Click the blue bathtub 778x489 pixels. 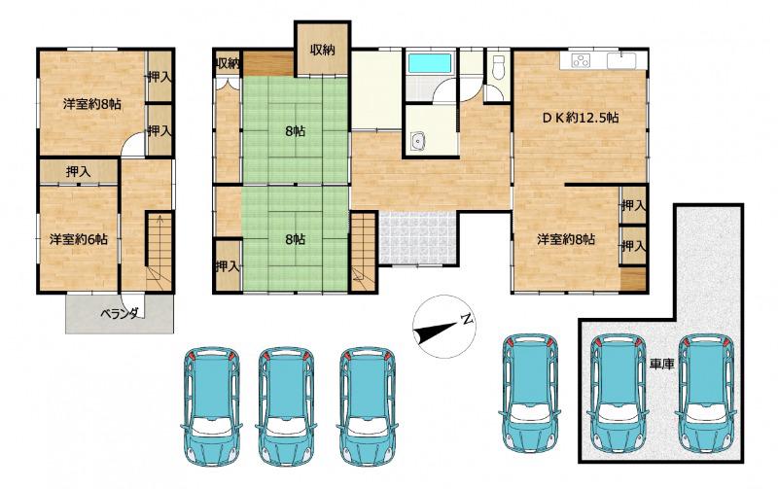(430, 63)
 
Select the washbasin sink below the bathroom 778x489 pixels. (419, 141)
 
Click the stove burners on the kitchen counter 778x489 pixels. (580, 60)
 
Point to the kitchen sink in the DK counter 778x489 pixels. (621, 61)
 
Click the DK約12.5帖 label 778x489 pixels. (580, 118)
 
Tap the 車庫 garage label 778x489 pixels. (661, 365)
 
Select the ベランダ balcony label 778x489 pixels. (120, 313)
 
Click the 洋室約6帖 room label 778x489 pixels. (78, 239)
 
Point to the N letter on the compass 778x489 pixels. (466, 319)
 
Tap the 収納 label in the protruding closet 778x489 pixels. (323, 50)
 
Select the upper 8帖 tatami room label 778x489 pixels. (296, 131)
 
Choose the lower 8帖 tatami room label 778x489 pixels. (296, 239)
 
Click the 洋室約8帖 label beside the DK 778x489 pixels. (566, 239)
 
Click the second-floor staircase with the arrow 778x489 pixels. (159, 252)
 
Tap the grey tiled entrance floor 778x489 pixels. (417, 238)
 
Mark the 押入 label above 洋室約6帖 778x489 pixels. (79, 172)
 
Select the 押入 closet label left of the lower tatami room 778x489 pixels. (228, 266)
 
